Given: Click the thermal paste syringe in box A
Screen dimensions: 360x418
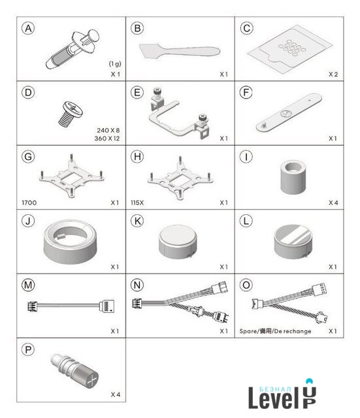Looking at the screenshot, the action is [x=73, y=50].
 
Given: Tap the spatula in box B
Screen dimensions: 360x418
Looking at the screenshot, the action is [x=180, y=51].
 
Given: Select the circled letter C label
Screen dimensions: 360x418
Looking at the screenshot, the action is [x=246, y=28].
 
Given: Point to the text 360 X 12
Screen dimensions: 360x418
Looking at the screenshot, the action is [x=107, y=138].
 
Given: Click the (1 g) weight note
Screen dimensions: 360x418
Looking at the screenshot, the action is [x=115, y=64].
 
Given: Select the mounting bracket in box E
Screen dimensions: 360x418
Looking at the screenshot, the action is [x=178, y=113].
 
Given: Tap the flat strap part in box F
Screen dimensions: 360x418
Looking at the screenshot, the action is [x=289, y=112].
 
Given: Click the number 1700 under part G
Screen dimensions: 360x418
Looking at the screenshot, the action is [x=29, y=202].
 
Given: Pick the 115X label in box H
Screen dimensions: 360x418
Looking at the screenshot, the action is [x=137, y=202].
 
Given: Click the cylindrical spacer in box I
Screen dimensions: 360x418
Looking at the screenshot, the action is [x=293, y=177].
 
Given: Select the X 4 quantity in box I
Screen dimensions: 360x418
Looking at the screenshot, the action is [x=333, y=202].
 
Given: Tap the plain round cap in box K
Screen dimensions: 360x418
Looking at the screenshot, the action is [x=178, y=242].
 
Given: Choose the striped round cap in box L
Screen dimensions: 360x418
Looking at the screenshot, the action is [x=293, y=242].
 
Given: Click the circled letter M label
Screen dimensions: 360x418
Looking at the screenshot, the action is [x=28, y=285].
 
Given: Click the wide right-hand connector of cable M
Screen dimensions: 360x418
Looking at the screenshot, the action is [x=107, y=306].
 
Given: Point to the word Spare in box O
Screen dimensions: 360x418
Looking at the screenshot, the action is [x=248, y=331].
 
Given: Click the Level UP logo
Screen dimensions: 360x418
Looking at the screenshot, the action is [x=283, y=394].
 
